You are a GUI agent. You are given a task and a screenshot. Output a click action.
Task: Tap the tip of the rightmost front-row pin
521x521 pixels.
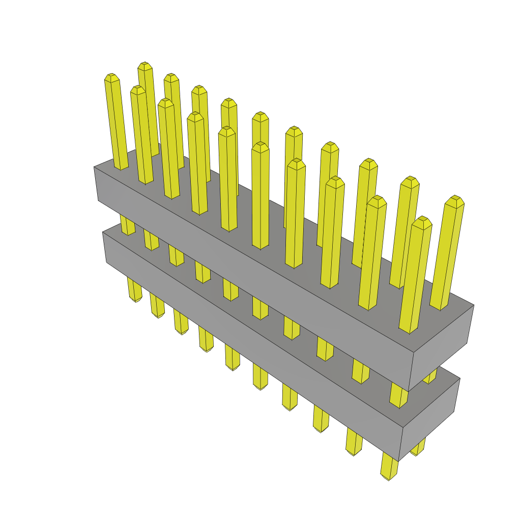[x=422, y=221]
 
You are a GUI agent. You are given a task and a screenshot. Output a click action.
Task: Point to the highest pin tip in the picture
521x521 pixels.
[x=145, y=66]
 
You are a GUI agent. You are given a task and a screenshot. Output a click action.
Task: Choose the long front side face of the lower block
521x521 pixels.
[x=254, y=346]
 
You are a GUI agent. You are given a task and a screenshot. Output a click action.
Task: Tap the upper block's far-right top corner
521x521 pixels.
[x=474, y=305]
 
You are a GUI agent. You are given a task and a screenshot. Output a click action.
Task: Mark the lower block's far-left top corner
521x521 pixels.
[x=103, y=232]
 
